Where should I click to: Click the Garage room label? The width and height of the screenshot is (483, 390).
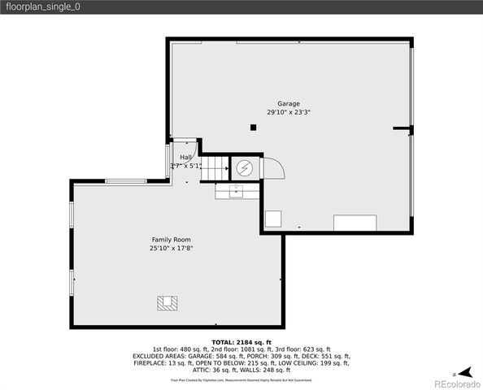(x=289, y=103)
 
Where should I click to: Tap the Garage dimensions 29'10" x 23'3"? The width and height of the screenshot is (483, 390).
(x=289, y=112)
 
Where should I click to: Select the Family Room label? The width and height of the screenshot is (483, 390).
(x=171, y=240)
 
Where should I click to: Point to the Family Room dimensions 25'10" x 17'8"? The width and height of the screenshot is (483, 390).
(x=171, y=249)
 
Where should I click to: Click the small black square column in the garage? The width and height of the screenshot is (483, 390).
(x=254, y=127)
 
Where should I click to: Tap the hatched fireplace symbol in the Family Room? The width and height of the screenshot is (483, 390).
(x=167, y=303)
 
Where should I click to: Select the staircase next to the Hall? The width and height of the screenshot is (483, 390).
(x=214, y=168)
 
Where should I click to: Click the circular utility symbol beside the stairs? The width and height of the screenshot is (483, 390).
(x=244, y=168)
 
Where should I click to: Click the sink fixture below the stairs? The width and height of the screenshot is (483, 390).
(x=237, y=191)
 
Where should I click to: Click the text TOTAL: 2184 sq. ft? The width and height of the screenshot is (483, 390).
(x=241, y=342)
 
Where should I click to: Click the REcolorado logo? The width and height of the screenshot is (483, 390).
(x=455, y=383)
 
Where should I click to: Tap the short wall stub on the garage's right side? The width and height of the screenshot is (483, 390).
(x=402, y=128)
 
